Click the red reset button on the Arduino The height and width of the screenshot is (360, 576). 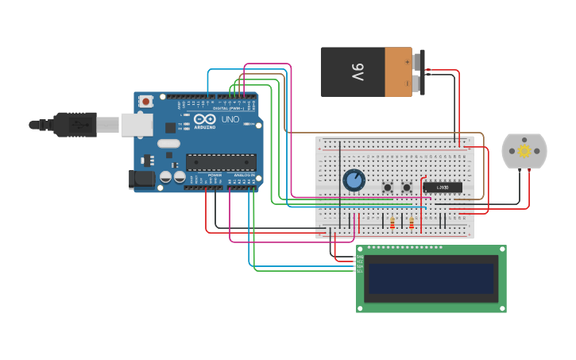point(145,101)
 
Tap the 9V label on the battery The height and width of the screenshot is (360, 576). point(358,73)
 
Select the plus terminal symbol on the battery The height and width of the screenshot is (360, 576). point(408,61)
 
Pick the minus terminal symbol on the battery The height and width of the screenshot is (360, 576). point(408,83)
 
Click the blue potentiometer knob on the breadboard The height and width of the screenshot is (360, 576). point(354,180)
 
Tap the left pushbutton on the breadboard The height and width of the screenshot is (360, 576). point(388,188)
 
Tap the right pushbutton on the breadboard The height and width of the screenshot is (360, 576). point(407,188)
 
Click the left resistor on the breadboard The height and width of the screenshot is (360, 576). point(392,223)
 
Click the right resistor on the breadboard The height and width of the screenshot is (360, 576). point(412,223)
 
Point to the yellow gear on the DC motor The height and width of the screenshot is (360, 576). point(524,150)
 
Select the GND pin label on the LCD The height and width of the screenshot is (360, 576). point(360,257)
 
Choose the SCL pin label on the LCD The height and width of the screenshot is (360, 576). point(360,272)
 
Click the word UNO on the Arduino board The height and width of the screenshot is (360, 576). point(230,119)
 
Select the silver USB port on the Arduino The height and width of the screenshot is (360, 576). point(137,124)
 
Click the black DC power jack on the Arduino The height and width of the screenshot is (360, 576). point(143,180)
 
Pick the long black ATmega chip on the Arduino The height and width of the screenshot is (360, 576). point(221,162)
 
